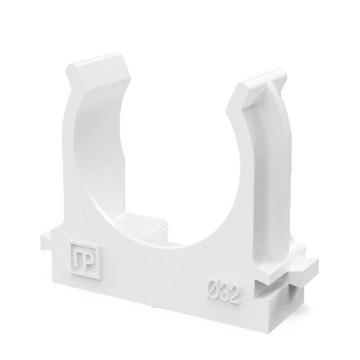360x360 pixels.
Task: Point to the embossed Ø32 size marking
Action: [224, 292]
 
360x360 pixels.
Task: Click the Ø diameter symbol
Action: [212, 288]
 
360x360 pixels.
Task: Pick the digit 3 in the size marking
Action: [223, 292]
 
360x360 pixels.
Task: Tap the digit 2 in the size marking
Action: [235, 295]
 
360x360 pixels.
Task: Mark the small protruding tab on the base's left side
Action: [47, 242]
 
